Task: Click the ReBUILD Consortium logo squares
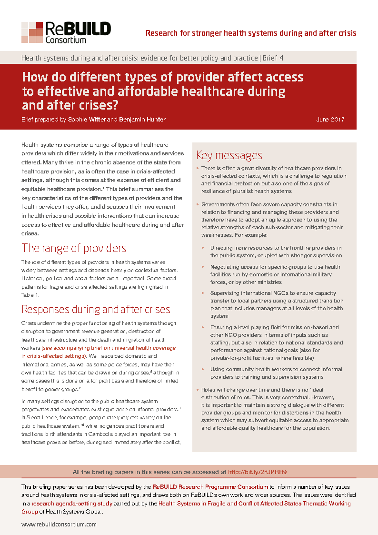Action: pyautogui.click(x=32, y=32)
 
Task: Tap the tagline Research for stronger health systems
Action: pyautogui.click(x=250, y=33)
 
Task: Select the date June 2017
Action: pyautogui.click(x=330, y=120)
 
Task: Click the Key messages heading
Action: pyautogui.click(x=229, y=155)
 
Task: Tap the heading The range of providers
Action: pyautogui.click(x=74, y=248)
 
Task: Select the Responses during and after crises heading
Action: pyautogui.click(x=96, y=309)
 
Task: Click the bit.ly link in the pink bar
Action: pyautogui.click(x=258, y=472)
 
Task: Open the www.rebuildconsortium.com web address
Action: pyautogui.click(x=59, y=525)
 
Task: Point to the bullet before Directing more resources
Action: pyautogui.click(x=203, y=248)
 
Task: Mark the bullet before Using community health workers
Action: pyautogui.click(x=203, y=369)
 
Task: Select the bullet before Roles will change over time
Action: pyautogui.click(x=198, y=390)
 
